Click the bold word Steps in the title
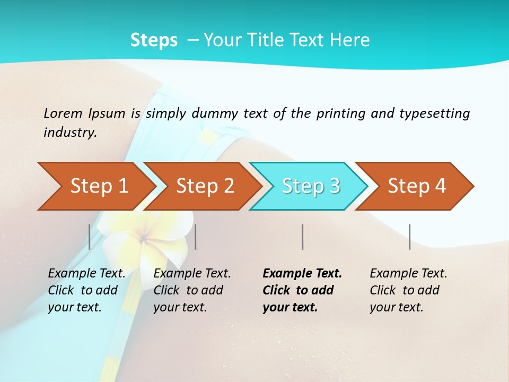[x=154, y=40]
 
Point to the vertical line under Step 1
[x=90, y=237]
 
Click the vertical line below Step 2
[x=196, y=237]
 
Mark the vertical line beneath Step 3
[x=302, y=237]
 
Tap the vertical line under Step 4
[x=409, y=237]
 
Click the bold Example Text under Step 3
[x=302, y=290]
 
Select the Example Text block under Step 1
[x=86, y=290]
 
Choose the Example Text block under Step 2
[x=192, y=290]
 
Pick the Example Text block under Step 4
[x=408, y=290]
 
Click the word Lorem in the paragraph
[x=63, y=114]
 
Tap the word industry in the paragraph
[x=70, y=133]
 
